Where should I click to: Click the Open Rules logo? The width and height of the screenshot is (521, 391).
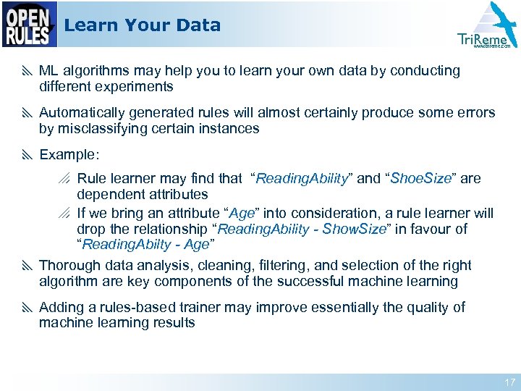tap(29, 25)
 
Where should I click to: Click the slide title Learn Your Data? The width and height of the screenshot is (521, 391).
tap(142, 25)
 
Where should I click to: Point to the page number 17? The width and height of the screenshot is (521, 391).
tap(509, 382)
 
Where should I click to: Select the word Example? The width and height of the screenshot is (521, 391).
tap(69, 155)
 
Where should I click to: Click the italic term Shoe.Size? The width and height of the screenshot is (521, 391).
tap(420, 178)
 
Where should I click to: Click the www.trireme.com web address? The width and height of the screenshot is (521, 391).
tap(491, 46)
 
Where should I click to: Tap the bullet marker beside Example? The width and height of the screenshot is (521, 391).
tap(27, 155)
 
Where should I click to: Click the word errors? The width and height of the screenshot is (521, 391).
tap(477, 113)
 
